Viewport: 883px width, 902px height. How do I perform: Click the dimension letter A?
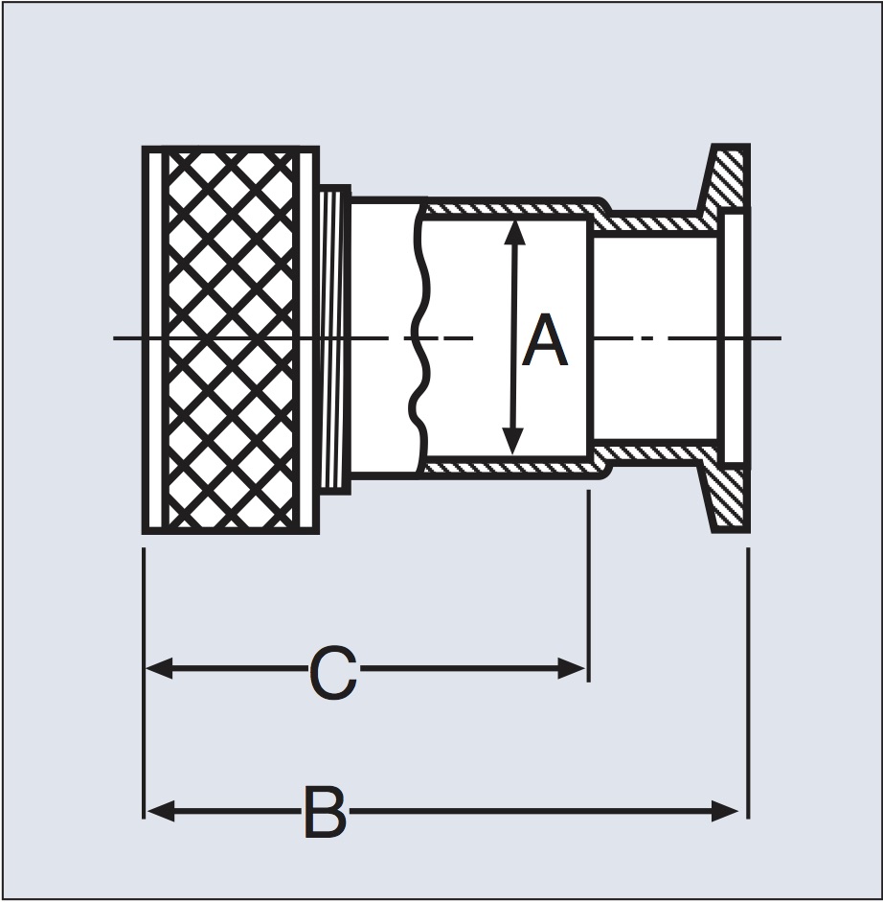544,340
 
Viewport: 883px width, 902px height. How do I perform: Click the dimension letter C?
333,673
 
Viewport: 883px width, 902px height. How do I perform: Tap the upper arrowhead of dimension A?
514,232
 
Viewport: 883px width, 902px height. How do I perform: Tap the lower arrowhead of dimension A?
512,441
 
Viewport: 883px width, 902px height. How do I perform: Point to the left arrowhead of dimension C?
159,669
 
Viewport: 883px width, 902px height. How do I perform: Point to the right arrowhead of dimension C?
571,668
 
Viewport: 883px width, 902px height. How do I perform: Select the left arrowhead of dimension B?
160,811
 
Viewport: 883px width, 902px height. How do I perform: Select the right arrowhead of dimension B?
724,811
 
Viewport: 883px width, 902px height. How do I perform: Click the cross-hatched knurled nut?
231,340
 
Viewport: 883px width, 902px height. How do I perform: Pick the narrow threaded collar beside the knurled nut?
334,339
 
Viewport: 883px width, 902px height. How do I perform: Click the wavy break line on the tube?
419,339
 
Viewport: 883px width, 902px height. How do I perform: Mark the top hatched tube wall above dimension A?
511,208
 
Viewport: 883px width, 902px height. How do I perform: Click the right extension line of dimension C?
588,586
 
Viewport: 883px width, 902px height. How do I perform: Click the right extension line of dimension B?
748,682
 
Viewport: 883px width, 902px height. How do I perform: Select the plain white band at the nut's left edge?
155,340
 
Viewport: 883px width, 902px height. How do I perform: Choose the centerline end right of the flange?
781,337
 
